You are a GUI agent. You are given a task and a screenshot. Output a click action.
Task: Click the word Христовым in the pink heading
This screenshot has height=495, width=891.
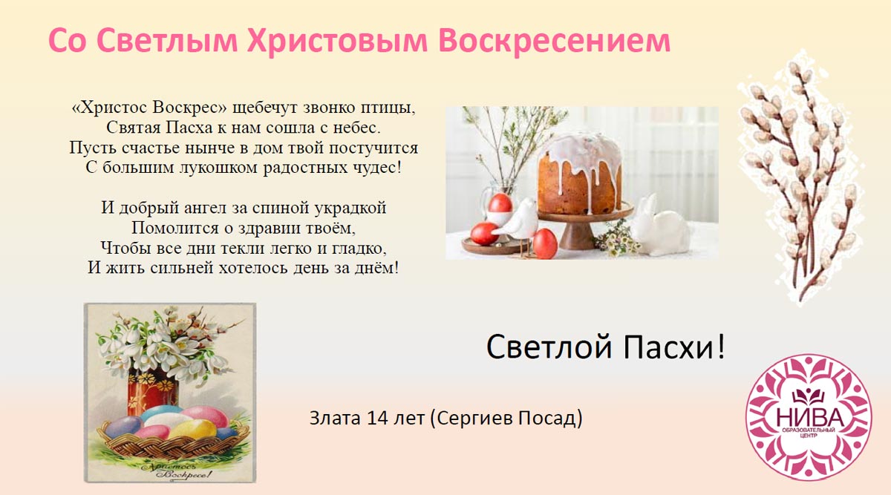coord(337,42)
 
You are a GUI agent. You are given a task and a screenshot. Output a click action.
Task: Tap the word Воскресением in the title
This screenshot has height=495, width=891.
coord(555,41)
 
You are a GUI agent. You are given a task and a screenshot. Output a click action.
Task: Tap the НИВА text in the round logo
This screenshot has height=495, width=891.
coord(809,417)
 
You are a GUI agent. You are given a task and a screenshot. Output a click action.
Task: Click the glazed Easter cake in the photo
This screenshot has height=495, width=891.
coord(579,174)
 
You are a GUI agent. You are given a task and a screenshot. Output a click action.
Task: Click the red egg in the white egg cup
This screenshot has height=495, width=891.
coord(500,203)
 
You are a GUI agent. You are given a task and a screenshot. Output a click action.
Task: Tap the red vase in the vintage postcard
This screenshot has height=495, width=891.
coord(152,391)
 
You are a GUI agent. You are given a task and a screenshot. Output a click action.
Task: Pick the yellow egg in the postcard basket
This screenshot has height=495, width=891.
coord(193,430)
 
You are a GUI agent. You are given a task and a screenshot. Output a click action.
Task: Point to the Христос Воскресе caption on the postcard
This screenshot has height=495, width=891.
coord(177,471)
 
